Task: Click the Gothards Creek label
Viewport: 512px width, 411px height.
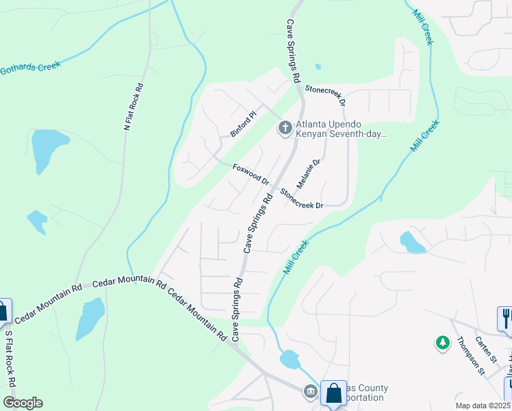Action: click(x=31, y=67)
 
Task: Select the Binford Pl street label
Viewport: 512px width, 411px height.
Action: click(x=243, y=123)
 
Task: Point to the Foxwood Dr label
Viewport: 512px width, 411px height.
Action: click(x=251, y=174)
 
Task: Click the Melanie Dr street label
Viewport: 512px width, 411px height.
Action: click(x=309, y=175)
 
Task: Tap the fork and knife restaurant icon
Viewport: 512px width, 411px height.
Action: click(x=505, y=319)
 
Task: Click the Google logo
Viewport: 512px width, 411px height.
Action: click(x=23, y=403)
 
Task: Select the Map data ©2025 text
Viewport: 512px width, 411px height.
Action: click(x=483, y=406)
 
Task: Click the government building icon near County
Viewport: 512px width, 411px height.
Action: click(x=310, y=392)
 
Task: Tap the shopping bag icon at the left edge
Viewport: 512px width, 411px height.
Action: click(x=3, y=312)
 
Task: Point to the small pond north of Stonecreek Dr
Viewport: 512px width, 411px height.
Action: click(x=318, y=67)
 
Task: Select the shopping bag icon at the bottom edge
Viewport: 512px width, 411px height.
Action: click(x=333, y=394)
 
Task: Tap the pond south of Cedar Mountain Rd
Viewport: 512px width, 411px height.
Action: click(x=90, y=317)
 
